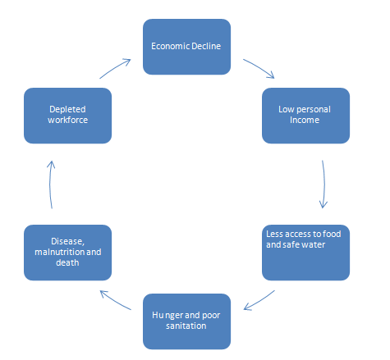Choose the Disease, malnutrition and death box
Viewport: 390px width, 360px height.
pos(66,251)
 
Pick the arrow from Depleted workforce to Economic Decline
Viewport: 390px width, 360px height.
pos(116,68)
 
